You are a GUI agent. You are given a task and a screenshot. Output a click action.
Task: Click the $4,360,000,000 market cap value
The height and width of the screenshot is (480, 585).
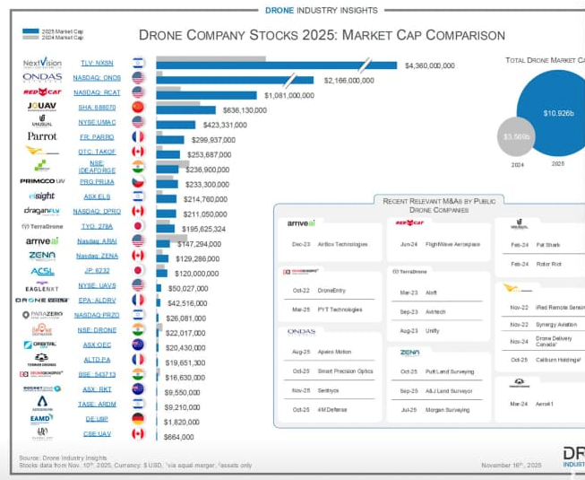point(430,65)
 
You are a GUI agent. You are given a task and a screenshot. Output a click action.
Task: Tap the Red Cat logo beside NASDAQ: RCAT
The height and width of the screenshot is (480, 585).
point(41,92)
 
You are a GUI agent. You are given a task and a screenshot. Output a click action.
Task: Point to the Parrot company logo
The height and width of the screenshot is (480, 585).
point(41,136)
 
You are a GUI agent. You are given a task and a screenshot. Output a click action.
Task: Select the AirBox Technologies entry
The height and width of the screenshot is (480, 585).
point(342,244)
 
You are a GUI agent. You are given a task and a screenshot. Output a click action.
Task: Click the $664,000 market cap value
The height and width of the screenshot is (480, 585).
point(178,436)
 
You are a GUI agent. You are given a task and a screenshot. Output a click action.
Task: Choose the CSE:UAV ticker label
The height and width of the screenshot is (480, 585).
point(97,433)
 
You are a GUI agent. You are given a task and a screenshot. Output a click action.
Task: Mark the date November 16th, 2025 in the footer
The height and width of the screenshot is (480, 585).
point(511,465)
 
